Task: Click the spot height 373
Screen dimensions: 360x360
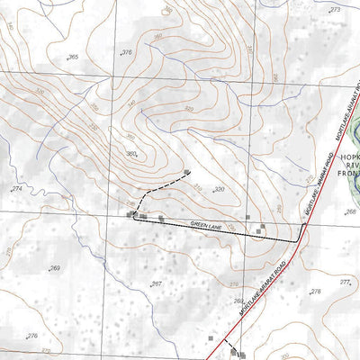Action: pos(335,9)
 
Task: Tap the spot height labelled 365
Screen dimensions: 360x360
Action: pos(72,58)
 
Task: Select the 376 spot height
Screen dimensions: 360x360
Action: pos(126,53)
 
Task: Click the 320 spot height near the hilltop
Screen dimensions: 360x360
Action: pos(219,189)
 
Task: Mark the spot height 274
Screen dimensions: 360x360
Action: pos(16,189)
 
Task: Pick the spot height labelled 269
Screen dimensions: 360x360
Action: pos(54,268)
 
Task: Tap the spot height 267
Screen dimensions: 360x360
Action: pos(156,283)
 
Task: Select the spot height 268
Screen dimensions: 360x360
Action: pos(350,212)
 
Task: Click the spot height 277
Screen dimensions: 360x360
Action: pos(345,282)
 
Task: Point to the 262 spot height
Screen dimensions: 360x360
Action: pos(238,301)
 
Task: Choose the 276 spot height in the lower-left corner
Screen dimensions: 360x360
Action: pos(32,336)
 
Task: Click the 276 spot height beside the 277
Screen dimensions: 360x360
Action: pos(314,292)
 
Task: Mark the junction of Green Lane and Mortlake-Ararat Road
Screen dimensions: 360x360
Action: pos(298,242)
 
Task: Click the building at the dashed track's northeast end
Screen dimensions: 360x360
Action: pos(186,172)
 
